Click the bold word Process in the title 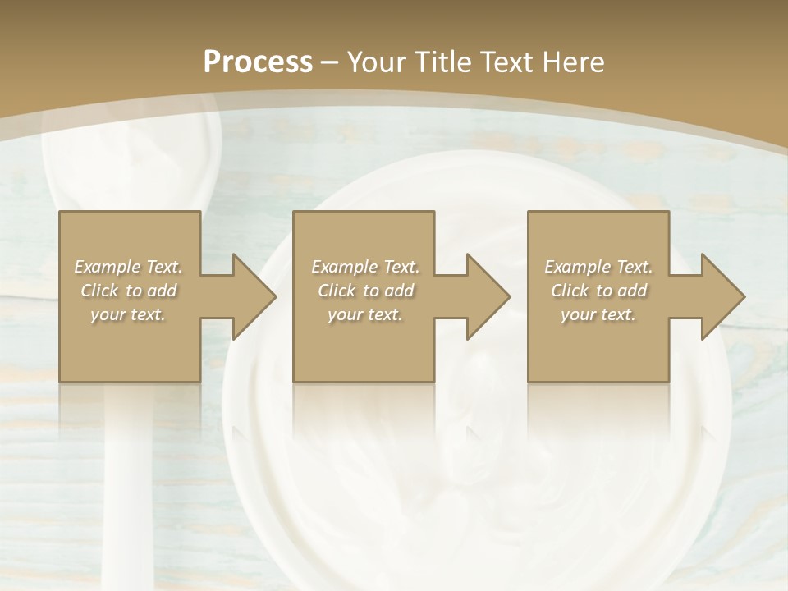tap(258, 62)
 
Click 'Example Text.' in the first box tap(129, 267)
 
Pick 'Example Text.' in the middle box tap(365, 267)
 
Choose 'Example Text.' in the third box tap(598, 267)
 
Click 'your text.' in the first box tap(128, 314)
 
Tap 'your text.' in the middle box tap(364, 314)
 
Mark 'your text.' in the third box tap(598, 314)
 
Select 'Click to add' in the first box tap(129, 291)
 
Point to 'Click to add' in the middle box tap(365, 291)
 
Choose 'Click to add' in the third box tap(598, 291)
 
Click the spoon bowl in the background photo tap(131, 156)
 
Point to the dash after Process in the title tap(329, 62)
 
